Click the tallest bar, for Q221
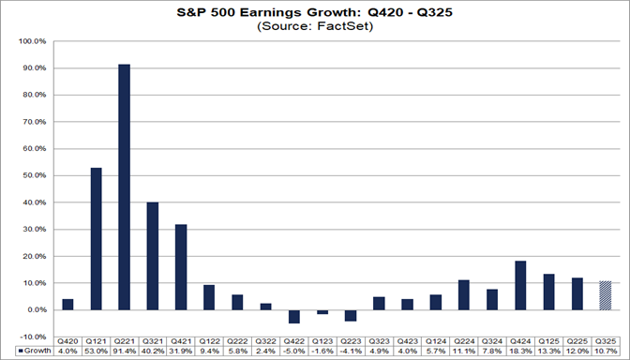(124, 187)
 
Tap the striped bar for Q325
(607, 295)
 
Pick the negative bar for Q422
(295, 316)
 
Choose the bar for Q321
(153, 255)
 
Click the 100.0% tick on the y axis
(32, 42)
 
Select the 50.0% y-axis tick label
(34, 175)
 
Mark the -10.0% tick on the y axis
(32, 336)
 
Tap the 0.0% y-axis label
(36, 309)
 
